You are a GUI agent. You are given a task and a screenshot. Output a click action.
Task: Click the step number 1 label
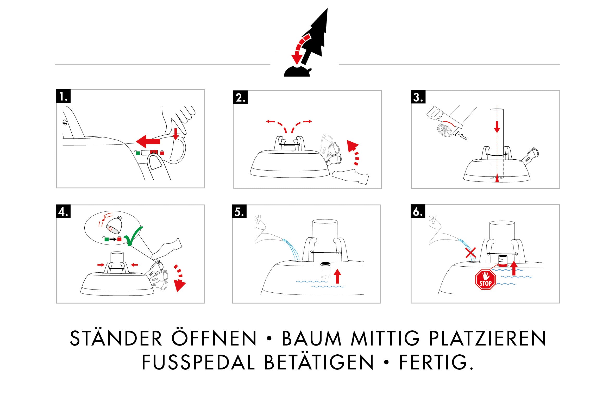point(63,96)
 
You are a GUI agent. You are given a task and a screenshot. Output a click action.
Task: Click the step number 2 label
point(240,97)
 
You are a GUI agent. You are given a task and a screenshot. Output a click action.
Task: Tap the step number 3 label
point(418,97)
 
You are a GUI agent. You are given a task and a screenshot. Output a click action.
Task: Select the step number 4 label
point(63,211)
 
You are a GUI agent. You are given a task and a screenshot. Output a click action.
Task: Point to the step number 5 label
point(239,211)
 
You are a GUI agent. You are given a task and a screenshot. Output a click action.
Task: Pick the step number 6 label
point(418,211)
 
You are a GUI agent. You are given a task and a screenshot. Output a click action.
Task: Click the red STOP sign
point(485,280)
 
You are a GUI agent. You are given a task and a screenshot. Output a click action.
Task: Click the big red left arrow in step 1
point(148,141)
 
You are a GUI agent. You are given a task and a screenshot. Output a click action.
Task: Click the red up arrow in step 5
point(337,276)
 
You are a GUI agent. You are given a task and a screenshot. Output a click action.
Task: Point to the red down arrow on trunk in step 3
point(497,127)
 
